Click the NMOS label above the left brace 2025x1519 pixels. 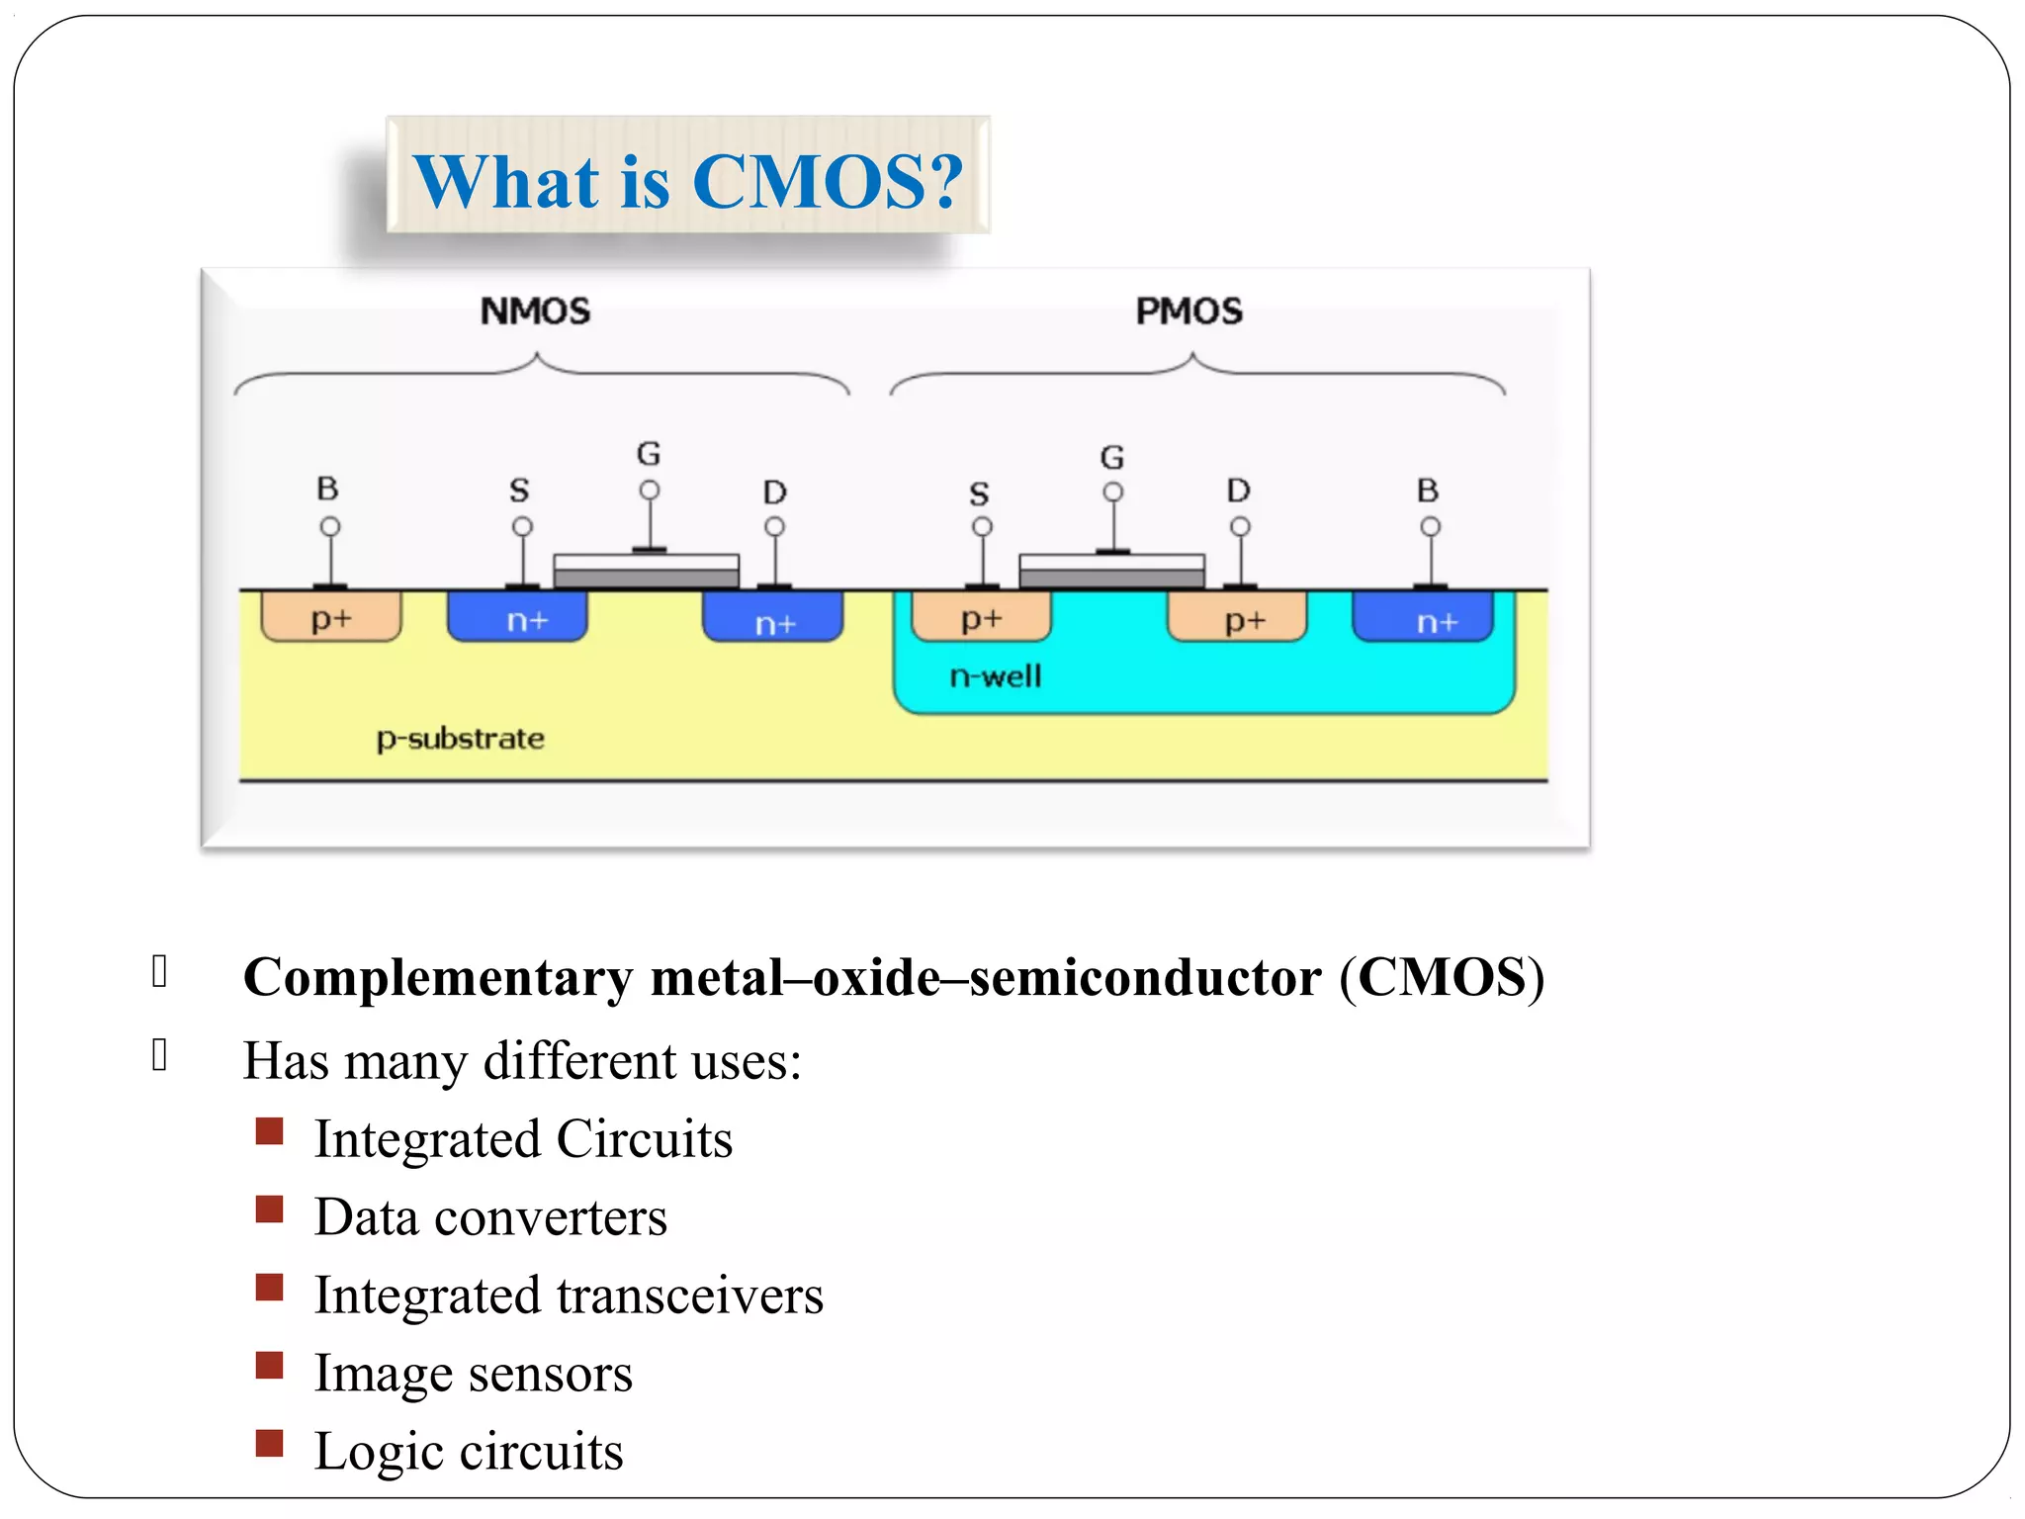[535, 312]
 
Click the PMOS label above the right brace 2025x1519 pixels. [1189, 312]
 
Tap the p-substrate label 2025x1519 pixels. [460, 739]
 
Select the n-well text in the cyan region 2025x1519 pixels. [995, 676]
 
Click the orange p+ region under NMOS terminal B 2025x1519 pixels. [331, 618]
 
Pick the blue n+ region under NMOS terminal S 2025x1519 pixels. [517, 618]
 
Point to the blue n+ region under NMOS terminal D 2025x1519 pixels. [773, 621]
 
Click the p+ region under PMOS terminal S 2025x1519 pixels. [981, 618]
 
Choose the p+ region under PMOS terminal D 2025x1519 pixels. [1238, 619]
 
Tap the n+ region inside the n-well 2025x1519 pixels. [1424, 619]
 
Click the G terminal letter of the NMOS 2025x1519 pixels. [649, 454]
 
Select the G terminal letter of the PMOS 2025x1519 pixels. [1112, 457]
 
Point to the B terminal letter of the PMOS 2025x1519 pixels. [1428, 490]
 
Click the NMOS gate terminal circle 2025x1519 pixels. [650, 491]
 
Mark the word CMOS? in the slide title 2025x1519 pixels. [828, 182]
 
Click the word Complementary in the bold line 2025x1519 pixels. [438, 977]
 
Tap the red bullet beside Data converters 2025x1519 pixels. [269, 1209]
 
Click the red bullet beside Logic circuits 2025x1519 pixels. [269, 1444]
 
